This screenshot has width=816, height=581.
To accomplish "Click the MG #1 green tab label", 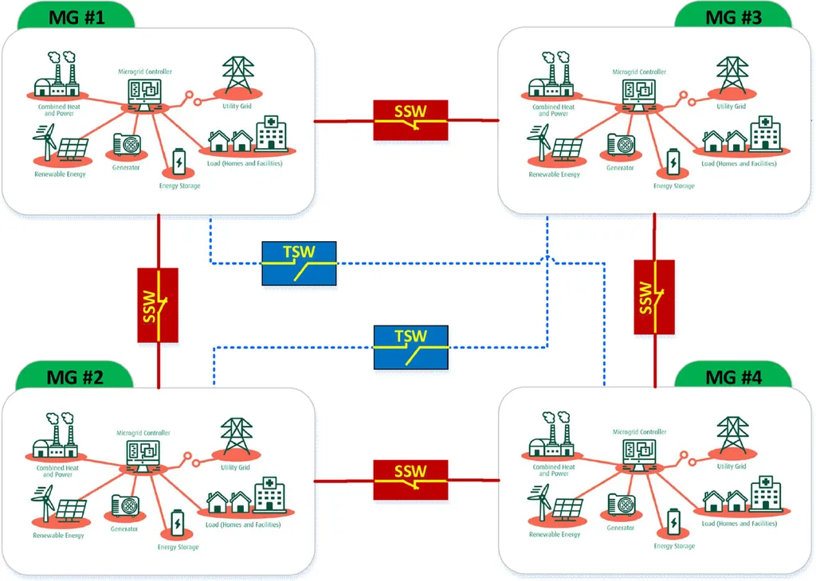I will [x=77, y=15].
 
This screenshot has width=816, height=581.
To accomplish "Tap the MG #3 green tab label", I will [x=733, y=15].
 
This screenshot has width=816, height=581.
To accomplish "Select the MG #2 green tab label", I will [x=77, y=376].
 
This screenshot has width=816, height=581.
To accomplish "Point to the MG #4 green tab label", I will [x=733, y=376].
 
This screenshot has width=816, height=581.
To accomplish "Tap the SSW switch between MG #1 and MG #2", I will [x=158, y=306].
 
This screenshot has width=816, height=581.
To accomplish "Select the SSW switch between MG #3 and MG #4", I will [x=654, y=297].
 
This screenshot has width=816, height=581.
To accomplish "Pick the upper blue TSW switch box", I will [x=300, y=263].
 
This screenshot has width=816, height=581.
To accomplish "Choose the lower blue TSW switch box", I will [x=411, y=347].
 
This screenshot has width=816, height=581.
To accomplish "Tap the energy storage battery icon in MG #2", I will [x=177, y=524].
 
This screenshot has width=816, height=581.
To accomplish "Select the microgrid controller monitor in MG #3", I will [x=638, y=93].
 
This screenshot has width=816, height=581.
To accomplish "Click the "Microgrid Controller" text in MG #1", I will [x=143, y=72].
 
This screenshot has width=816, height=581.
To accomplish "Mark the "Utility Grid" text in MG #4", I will [x=731, y=466].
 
